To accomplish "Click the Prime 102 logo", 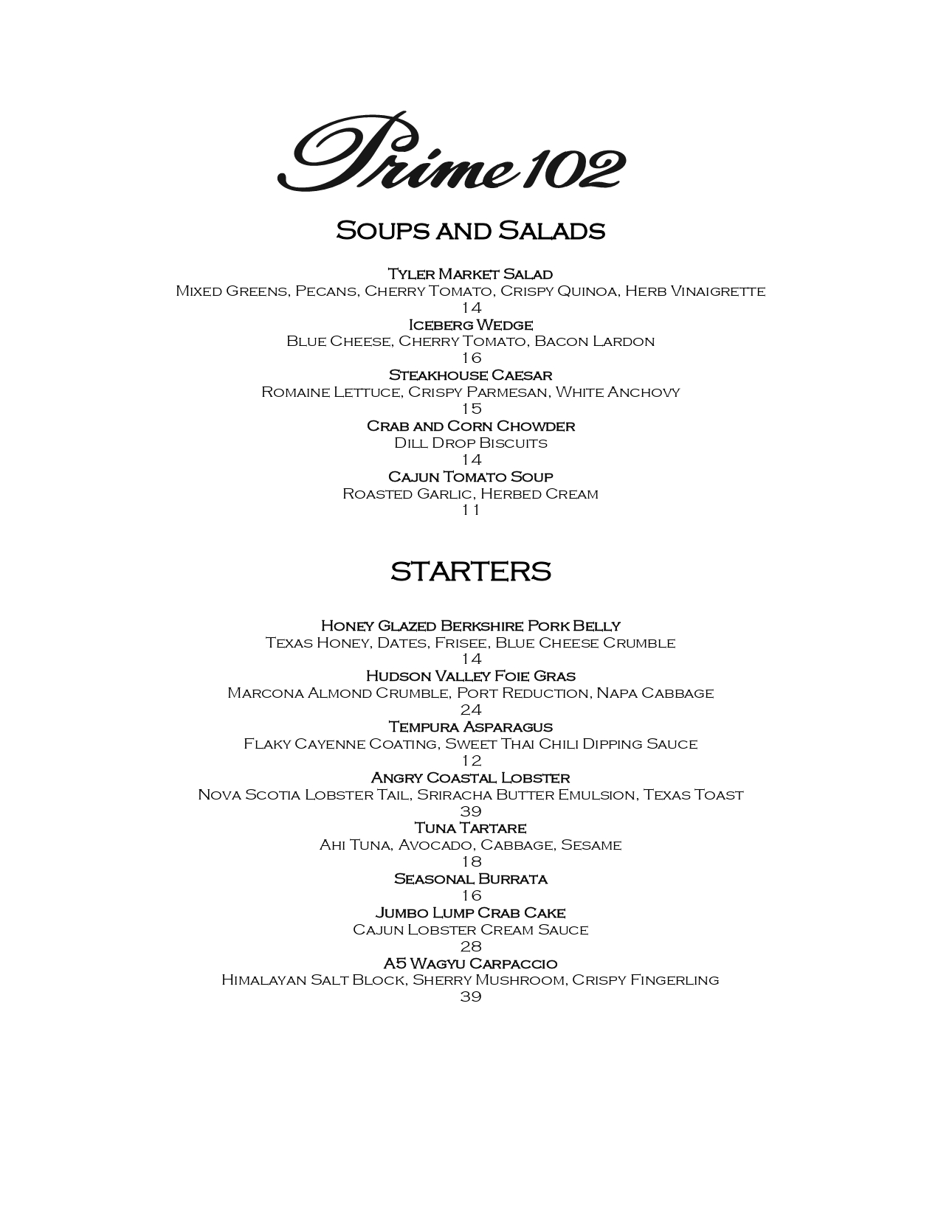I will click(451, 153).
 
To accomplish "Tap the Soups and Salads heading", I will click(470, 230).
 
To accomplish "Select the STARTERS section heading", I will click(470, 572).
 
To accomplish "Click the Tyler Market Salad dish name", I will click(470, 274).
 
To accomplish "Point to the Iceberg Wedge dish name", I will click(470, 325).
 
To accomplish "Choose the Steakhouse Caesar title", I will click(470, 375).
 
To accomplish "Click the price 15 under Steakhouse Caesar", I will click(471, 409).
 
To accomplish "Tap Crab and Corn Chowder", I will click(470, 426).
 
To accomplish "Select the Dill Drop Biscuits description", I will click(470, 443).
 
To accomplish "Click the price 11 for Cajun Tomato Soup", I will click(471, 510).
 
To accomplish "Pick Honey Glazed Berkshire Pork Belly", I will click(470, 625).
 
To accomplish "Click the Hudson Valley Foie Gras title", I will click(470, 676).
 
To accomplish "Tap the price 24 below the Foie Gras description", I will click(471, 710).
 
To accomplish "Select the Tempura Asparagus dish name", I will click(470, 727).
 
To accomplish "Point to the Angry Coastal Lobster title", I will click(470, 777).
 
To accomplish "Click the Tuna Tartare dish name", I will click(470, 828).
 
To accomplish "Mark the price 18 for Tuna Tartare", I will click(471, 861).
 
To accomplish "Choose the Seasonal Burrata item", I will click(470, 878).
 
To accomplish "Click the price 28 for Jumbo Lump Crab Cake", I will click(471, 946).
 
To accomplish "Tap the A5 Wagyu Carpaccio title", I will click(470, 963).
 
